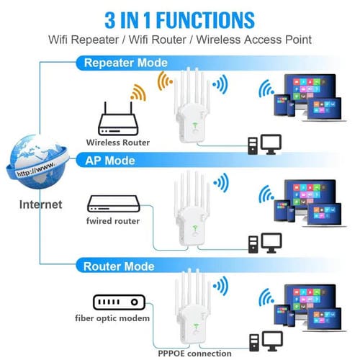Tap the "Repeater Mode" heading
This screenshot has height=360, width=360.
pyautogui.click(x=125, y=63)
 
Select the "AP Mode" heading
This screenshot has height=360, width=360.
pyautogui.click(x=110, y=160)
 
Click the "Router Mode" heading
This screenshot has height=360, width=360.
pyautogui.click(x=119, y=266)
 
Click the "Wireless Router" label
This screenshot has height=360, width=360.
pyautogui.click(x=117, y=142)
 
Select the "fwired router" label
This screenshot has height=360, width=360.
pyautogui.click(x=113, y=220)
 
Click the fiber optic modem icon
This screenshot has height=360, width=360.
pyautogui.click(x=118, y=301)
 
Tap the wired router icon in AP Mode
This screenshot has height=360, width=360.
pyautogui.click(x=112, y=202)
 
